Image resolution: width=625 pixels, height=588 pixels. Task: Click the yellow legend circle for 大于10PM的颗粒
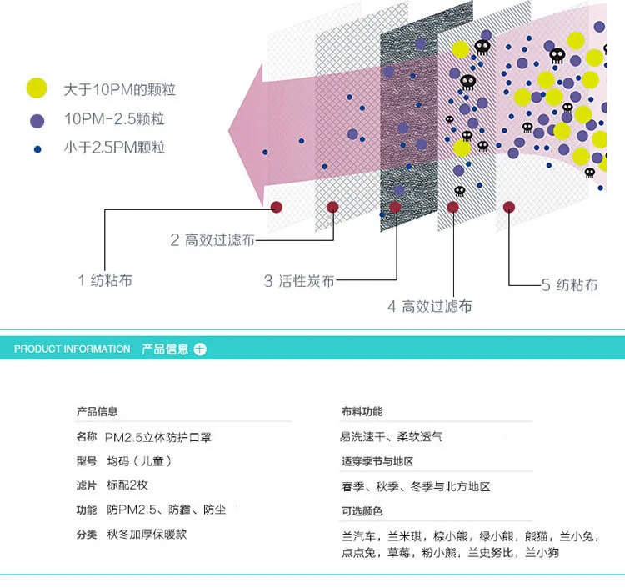click(x=37, y=88)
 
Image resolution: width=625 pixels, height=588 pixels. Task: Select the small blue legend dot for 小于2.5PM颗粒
click(x=37, y=149)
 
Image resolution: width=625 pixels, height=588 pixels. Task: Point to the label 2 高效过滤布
click(x=212, y=240)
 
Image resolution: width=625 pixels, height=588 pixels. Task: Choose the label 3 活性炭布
click(x=299, y=281)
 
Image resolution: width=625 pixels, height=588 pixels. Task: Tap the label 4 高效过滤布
click(x=429, y=306)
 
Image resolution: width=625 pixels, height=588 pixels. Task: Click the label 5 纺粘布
click(x=569, y=285)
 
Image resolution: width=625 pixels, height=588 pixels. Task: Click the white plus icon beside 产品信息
click(x=200, y=349)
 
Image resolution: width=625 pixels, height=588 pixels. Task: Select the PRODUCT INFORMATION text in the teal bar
click(x=72, y=349)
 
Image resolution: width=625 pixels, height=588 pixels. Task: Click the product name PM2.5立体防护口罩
click(x=163, y=437)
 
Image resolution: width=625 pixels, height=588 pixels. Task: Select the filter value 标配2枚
click(x=127, y=485)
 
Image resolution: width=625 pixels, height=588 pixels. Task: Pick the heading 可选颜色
click(x=362, y=511)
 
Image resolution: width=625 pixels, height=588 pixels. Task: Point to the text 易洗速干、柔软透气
click(x=391, y=437)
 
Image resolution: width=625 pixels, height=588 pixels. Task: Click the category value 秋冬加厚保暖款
click(x=146, y=534)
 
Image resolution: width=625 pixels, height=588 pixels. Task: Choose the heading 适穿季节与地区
click(x=377, y=462)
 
